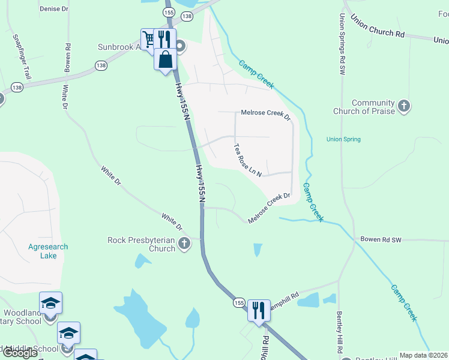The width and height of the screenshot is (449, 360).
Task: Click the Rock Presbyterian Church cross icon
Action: point(184,244)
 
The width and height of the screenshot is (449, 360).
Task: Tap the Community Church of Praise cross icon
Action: point(404,107)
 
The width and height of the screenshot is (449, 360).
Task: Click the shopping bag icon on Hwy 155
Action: point(165,60)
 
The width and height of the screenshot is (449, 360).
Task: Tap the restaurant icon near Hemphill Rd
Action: point(259,310)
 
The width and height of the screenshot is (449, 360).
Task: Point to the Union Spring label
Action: point(343,140)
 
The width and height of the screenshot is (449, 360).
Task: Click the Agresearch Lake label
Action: point(48,251)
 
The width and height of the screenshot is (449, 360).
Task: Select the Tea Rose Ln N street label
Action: point(247,160)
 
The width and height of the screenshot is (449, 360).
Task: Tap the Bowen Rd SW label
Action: point(381,239)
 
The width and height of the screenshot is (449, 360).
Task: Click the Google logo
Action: point(19,353)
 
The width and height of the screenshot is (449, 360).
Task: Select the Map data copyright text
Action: point(423,355)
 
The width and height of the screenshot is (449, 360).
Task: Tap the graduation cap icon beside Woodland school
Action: point(51,302)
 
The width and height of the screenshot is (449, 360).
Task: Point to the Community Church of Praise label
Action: point(373,107)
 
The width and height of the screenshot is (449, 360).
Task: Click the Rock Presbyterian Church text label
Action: point(142,244)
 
